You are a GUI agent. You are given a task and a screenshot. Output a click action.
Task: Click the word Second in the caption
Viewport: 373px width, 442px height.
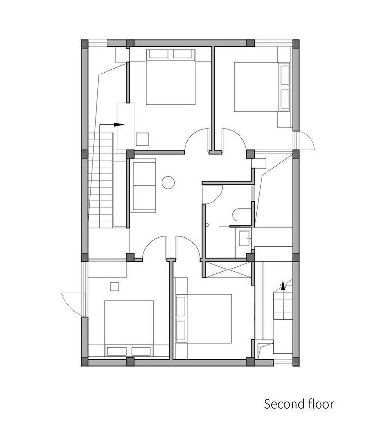281,404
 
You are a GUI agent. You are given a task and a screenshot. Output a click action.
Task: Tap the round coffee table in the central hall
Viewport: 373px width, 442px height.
168,182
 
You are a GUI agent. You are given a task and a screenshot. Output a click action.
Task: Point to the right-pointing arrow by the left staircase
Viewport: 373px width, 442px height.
112,125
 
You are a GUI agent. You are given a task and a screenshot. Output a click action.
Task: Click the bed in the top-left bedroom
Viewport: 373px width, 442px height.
170,77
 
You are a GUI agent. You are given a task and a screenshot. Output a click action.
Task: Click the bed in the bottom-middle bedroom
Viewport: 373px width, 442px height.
203,319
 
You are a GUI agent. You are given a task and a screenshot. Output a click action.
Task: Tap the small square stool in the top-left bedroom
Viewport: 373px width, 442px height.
143,139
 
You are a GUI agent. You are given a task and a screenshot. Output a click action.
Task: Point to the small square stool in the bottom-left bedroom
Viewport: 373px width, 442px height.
115,286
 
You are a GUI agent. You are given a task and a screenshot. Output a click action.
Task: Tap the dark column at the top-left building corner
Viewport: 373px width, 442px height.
85,43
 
